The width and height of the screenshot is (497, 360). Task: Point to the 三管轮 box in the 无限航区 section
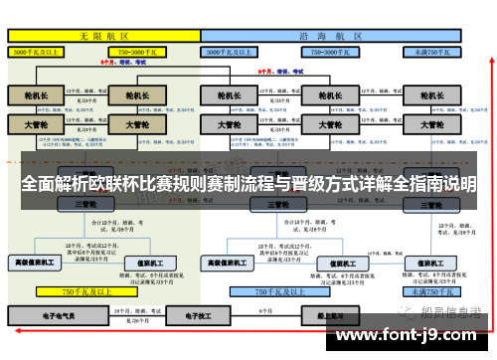83,204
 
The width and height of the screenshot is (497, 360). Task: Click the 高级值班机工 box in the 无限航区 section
36,263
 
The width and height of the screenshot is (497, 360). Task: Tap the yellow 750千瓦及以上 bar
84,292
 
